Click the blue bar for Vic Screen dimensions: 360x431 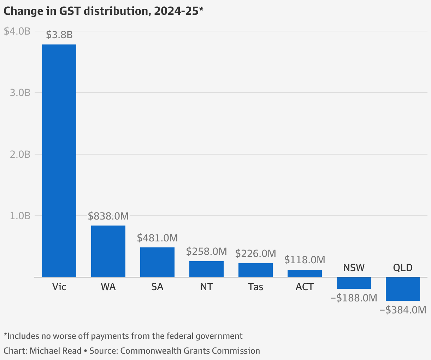[59, 161]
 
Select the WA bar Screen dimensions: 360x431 [108, 251]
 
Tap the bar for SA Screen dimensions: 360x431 [157, 262]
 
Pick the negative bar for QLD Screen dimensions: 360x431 [403, 289]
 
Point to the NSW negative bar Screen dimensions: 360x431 [354, 283]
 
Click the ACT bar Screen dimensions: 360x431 [305, 274]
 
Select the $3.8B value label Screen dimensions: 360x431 [59, 35]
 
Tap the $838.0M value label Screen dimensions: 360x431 [108, 216]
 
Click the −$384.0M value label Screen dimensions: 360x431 [403, 310]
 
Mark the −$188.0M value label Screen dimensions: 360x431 [354, 298]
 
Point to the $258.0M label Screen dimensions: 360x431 [206, 251]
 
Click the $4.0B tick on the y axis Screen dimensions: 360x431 [17, 31]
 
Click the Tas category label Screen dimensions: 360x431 [255, 287]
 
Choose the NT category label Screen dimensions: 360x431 [206, 287]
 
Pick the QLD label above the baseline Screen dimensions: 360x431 [403, 268]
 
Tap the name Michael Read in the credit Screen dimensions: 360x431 [55, 350]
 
